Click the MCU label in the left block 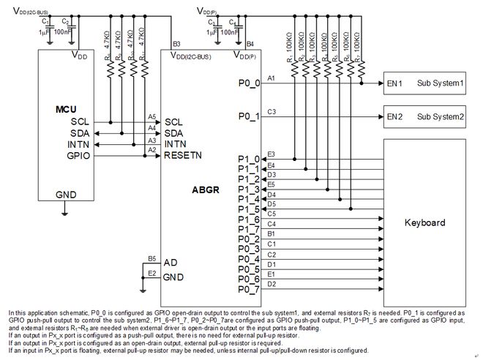pos(67,108)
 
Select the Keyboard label pos(424,222)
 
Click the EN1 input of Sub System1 pos(395,83)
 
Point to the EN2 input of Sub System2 pos(395,116)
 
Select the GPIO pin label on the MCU pos(79,155)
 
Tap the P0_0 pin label pos(249,83)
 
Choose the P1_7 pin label pos(249,229)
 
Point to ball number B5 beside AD pos(151,258)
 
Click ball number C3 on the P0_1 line pos(272,112)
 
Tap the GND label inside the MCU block pos(66,195)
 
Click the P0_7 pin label pos(249,289)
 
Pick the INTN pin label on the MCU pos(79,144)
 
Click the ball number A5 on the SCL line pos(151,117)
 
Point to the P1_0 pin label pos(249,159)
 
